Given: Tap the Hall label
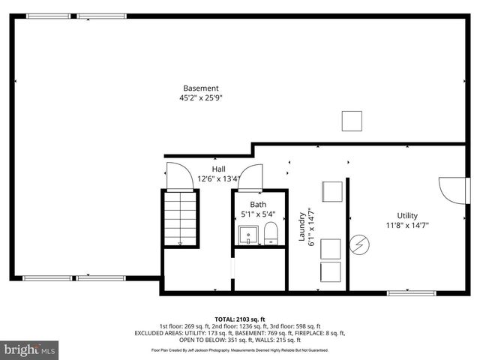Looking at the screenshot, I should click(x=218, y=169).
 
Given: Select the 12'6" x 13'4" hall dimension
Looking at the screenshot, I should click(x=218, y=178).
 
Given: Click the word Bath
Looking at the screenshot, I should click(x=258, y=204).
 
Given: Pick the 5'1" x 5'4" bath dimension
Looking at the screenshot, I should click(x=258, y=214).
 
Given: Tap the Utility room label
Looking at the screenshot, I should click(x=407, y=215).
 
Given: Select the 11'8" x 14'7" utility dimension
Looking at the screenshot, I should click(x=407, y=225).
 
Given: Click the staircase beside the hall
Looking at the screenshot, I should click(x=180, y=218).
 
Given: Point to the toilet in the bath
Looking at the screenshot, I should click(x=271, y=235).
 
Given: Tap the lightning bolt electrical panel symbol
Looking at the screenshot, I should click(x=359, y=245).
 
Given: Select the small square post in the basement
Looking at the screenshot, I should click(x=351, y=121).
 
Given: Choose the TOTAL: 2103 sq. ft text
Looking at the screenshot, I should click(x=240, y=319).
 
